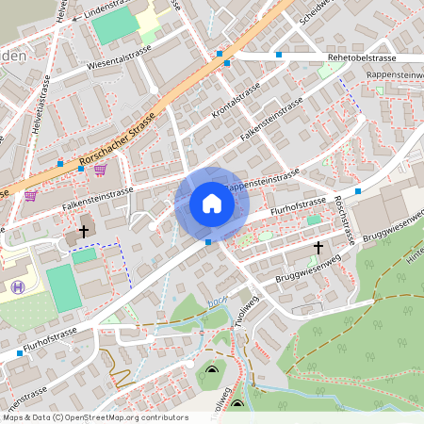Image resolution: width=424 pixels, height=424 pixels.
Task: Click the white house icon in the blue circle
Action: tap(211, 204)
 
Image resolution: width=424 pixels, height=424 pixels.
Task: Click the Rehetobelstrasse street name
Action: tap(362, 57)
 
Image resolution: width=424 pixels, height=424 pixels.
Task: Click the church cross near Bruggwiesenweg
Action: tap(318, 249)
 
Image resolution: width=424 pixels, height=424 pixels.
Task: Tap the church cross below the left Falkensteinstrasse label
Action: tap(84, 230)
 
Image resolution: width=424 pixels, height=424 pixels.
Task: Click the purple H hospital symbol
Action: tap(16, 286)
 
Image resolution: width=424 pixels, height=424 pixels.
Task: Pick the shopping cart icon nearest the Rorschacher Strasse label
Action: tap(100, 169)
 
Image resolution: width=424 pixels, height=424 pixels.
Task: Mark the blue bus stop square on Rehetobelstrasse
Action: tap(279, 57)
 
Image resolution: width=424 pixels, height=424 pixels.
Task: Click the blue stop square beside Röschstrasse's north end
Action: tap(358, 191)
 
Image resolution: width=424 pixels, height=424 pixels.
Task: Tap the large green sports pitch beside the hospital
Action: tap(63, 287)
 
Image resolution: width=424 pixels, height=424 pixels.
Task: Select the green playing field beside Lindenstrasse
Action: tap(114, 27)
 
